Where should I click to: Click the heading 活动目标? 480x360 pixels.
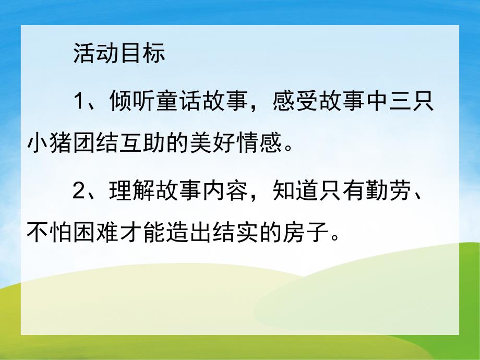point(119,54)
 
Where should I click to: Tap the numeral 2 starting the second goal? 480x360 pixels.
point(79,192)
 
